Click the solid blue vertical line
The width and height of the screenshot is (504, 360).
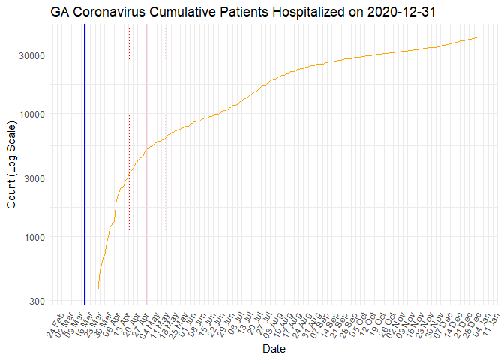pyautogui.click(x=84, y=165)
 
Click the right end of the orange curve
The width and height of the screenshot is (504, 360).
pyautogui.click(x=478, y=37)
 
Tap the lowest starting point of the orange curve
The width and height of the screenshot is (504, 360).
pyautogui.click(x=97, y=292)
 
